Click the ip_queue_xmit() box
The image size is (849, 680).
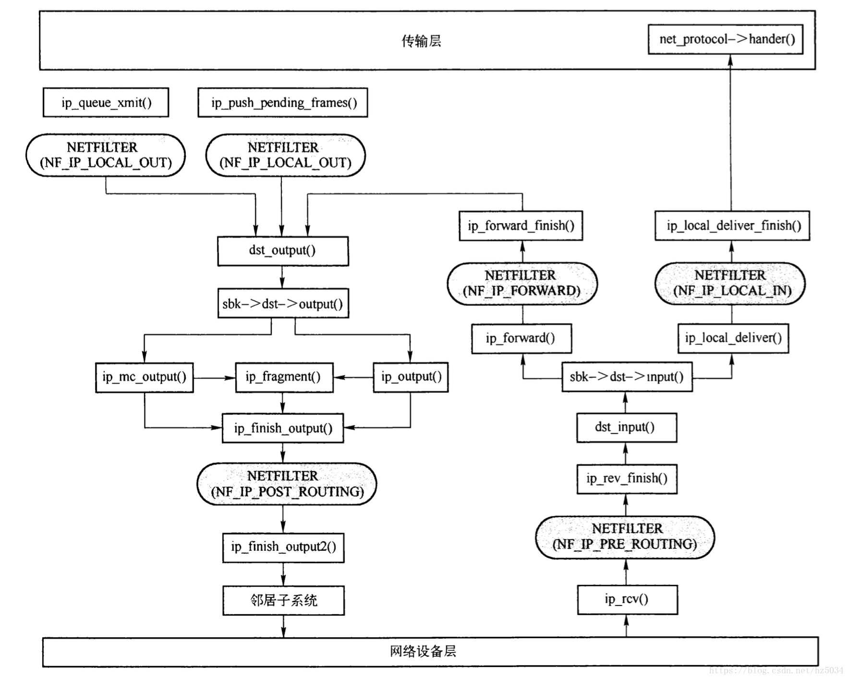(106, 102)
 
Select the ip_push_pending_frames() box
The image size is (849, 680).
(283, 102)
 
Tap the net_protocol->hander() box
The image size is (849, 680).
(725, 39)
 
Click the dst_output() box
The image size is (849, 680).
(283, 251)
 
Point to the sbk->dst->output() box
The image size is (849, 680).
(283, 304)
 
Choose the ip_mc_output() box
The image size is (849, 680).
(145, 377)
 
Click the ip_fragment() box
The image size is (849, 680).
(284, 377)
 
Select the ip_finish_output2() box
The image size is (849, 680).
(283, 547)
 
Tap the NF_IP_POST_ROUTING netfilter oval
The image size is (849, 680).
(287, 484)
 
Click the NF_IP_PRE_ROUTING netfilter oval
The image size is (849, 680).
(625, 537)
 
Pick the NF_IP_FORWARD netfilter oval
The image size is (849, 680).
(522, 283)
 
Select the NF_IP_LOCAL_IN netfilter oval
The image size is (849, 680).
(730, 283)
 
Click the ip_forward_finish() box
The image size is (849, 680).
(521, 226)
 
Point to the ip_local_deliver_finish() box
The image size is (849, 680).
(732, 226)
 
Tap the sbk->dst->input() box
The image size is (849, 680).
(627, 377)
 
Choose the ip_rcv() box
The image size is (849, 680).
(627, 599)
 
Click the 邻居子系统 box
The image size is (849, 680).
(283, 600)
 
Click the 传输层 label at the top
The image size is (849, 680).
(421, 41)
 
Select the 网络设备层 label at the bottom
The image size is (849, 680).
(423, 652)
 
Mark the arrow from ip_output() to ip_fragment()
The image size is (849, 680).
(353, 377)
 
